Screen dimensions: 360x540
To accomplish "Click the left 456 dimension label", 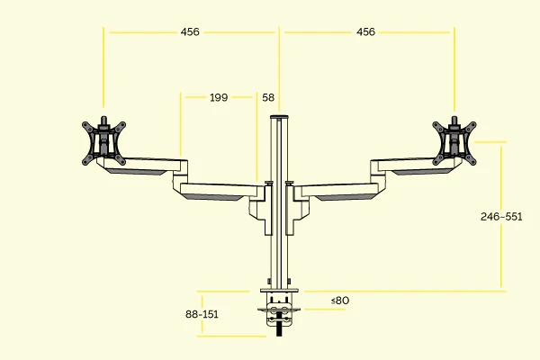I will [x=190, y=31].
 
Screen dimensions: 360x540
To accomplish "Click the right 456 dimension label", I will [x=365, y=31].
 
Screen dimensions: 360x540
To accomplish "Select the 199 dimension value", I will [x=219, y=97].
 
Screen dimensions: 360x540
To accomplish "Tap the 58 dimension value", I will [x=268, y=97].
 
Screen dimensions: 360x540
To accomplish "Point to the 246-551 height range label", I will [x=501, y=217].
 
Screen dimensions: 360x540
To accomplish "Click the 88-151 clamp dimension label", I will [x=202, y=314].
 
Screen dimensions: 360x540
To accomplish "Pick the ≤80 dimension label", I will [x=339, y=300].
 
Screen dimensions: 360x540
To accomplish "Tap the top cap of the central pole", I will [x=279, y=117].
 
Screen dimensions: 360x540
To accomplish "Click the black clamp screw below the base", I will [x=279, y=330].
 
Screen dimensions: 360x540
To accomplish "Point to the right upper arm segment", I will [x=409, y=166].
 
